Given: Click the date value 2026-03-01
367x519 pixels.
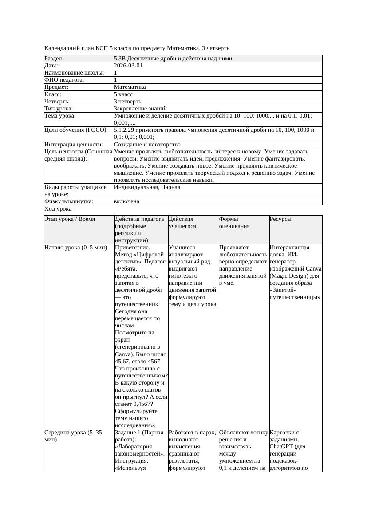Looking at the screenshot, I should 128,66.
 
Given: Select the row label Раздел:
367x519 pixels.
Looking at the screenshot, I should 54,59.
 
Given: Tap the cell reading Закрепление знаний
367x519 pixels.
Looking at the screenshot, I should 137,109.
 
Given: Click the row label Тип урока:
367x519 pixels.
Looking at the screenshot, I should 59,109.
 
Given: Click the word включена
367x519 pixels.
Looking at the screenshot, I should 126,201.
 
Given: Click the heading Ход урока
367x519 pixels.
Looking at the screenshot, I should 58,209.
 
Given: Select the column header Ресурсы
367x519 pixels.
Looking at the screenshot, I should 280,219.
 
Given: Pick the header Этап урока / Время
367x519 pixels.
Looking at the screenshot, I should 70,219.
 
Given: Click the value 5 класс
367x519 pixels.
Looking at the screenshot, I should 123,94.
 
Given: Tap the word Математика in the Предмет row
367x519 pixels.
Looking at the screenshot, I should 130,87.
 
